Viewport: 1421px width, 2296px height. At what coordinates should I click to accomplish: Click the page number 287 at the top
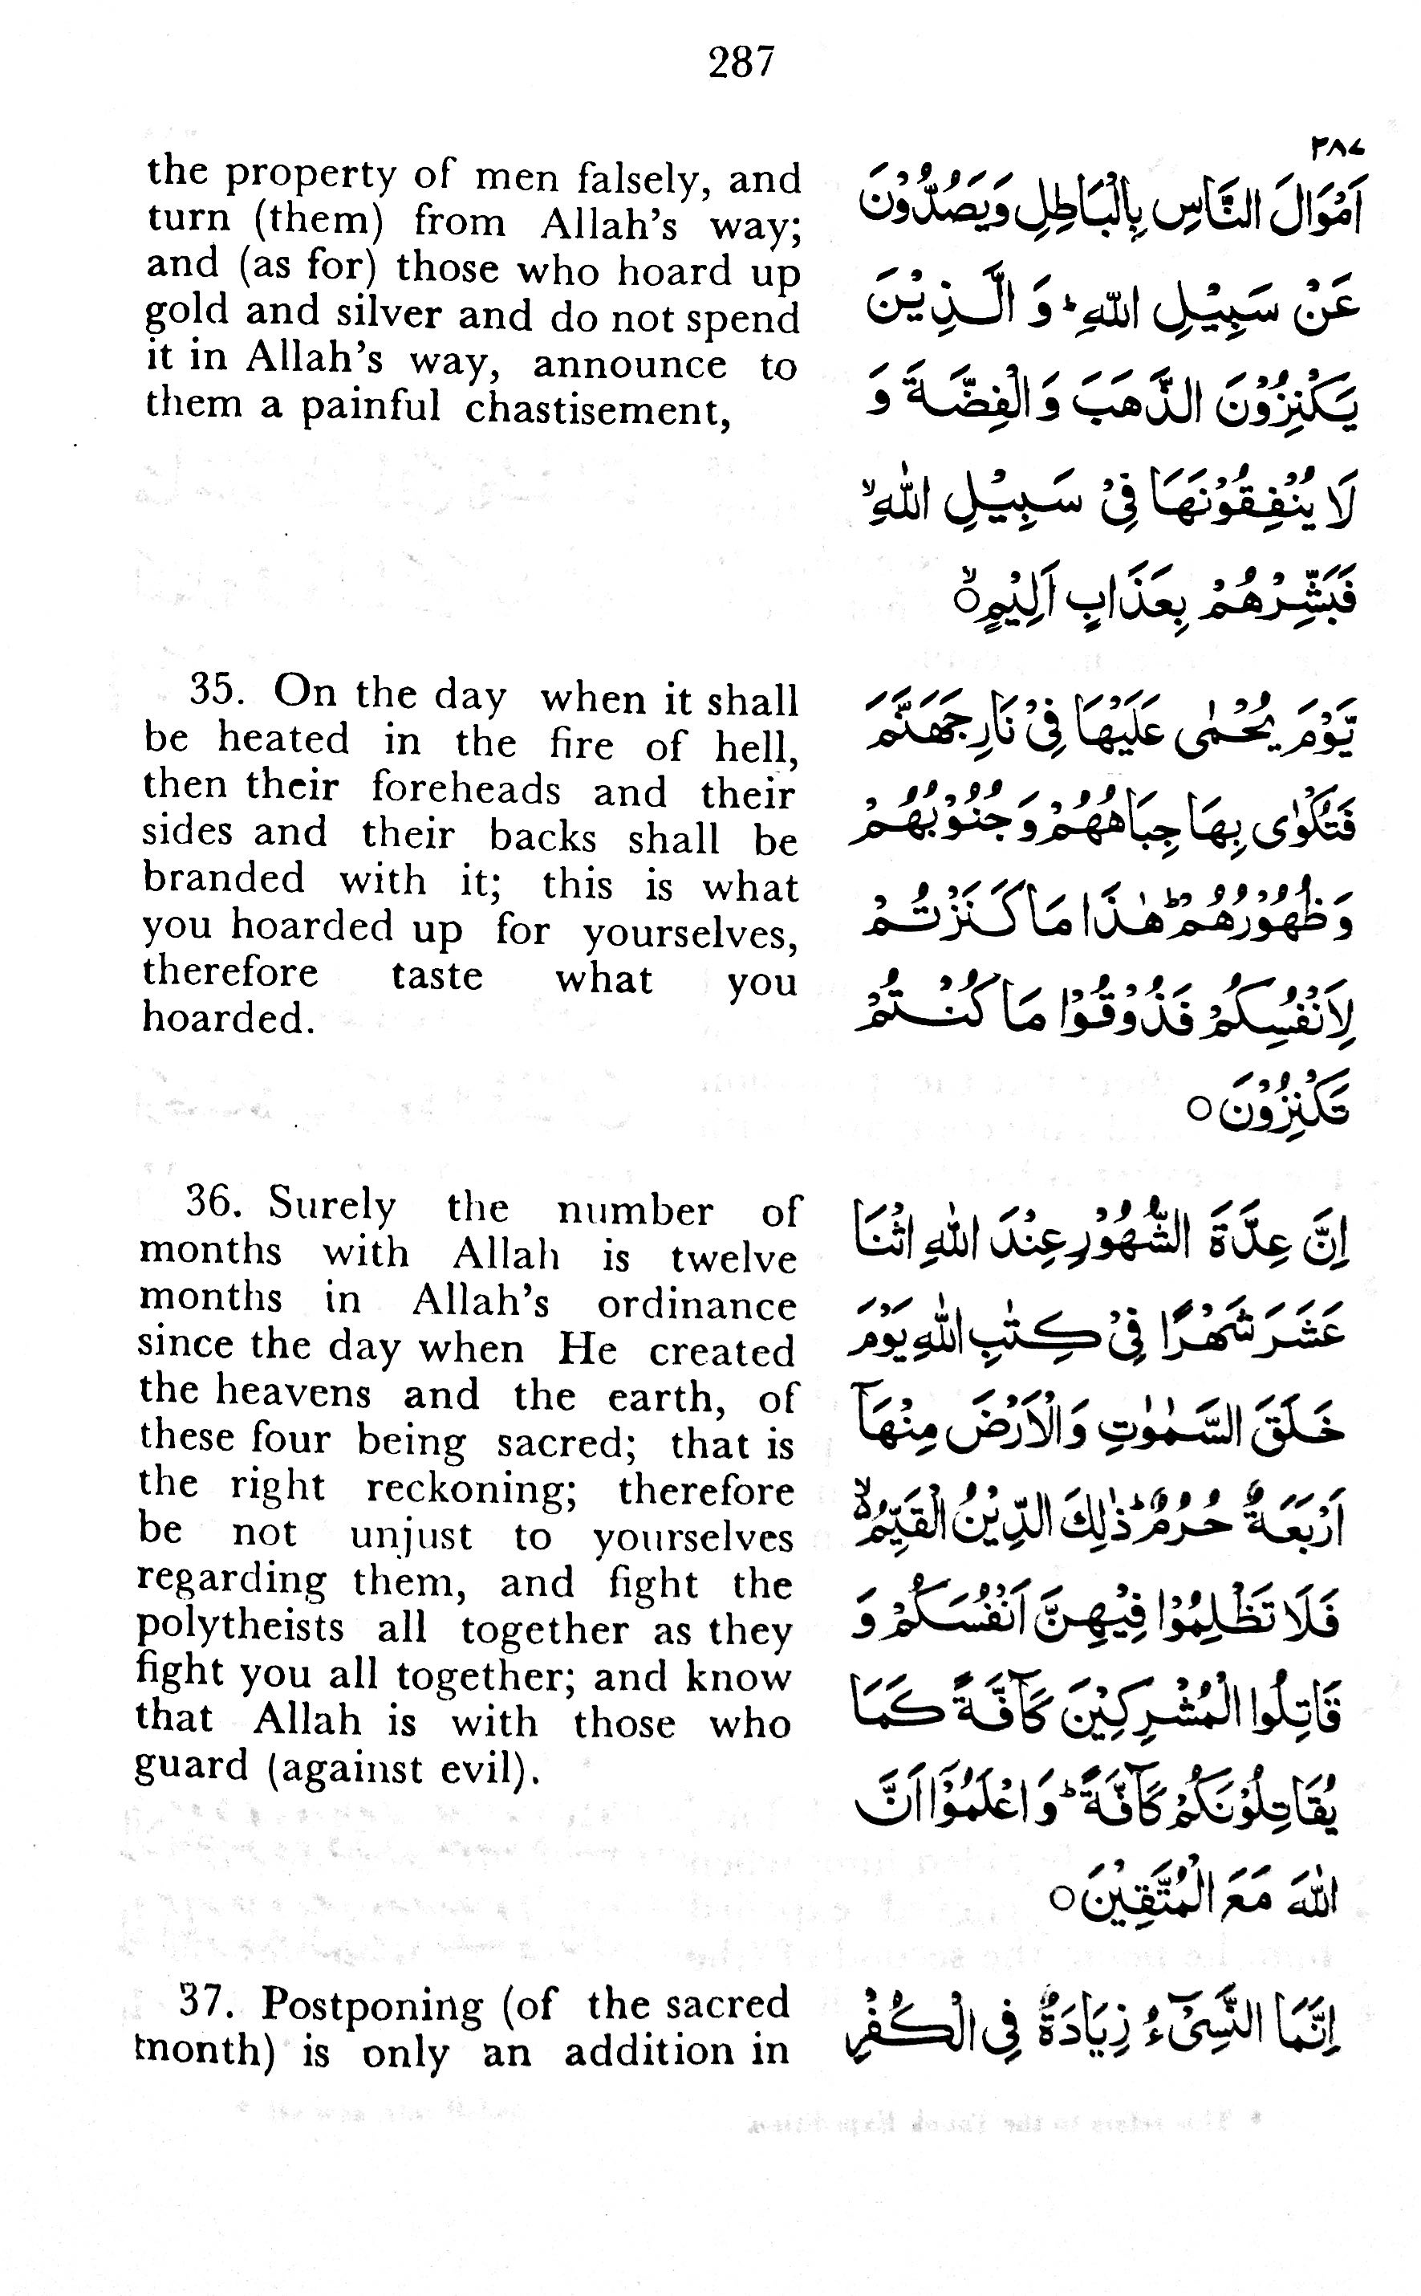click(741, 63)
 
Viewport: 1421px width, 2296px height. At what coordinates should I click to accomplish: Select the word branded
click(224, 879)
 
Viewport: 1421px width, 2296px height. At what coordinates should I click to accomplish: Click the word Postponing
click(372, 2006)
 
